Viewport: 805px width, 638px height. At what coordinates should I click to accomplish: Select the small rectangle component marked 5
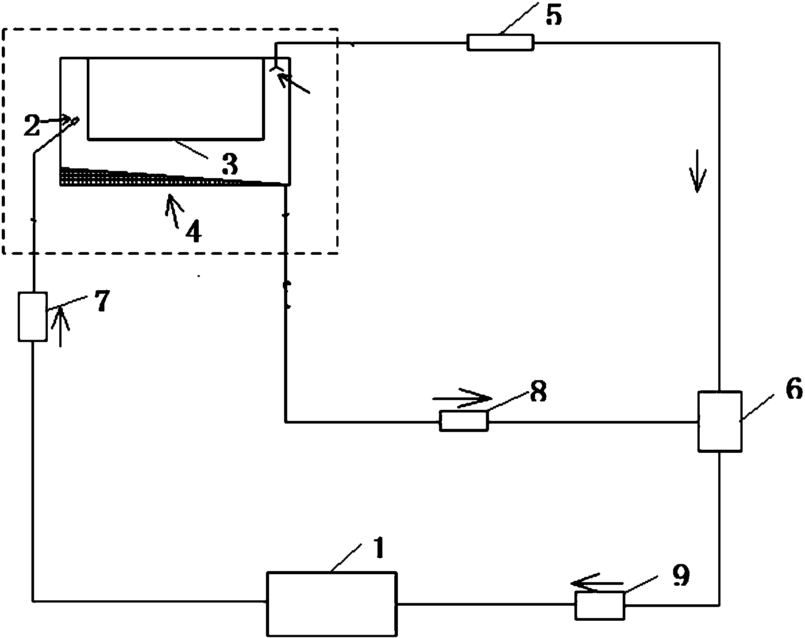point(500,43)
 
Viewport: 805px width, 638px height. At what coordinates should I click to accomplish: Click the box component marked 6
point(720,421)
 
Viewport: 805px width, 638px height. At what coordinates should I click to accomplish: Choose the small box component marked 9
point(600,605)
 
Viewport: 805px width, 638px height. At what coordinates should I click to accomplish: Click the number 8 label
point(538,391)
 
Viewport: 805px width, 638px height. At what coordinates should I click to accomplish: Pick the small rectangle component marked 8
point(463,421)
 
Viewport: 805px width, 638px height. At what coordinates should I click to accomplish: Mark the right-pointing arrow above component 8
point(462,398)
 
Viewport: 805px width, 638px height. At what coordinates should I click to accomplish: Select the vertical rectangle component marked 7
point(32,316)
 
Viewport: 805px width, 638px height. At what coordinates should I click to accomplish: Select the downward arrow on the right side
point(697,171)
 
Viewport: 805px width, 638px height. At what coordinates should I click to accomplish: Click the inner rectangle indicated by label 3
point(176,98)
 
